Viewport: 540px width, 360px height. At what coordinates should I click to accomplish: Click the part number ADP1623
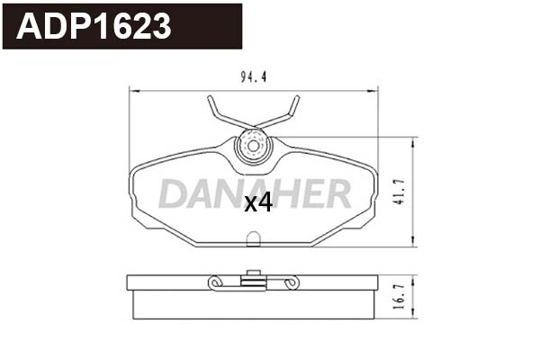(x=94, y=26)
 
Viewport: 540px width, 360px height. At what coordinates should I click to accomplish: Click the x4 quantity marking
(x=258, y=204)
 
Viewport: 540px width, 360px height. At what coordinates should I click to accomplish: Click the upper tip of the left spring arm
(x=210, y=98)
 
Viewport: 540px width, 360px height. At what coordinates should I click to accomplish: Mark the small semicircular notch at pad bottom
(x=254, y=239)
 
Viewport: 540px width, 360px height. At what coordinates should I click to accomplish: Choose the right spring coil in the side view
(x=291, y=284)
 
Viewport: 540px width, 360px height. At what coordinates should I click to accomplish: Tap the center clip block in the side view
(x=253, y=282)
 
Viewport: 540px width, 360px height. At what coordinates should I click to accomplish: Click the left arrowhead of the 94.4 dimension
(x=133, y=89)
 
